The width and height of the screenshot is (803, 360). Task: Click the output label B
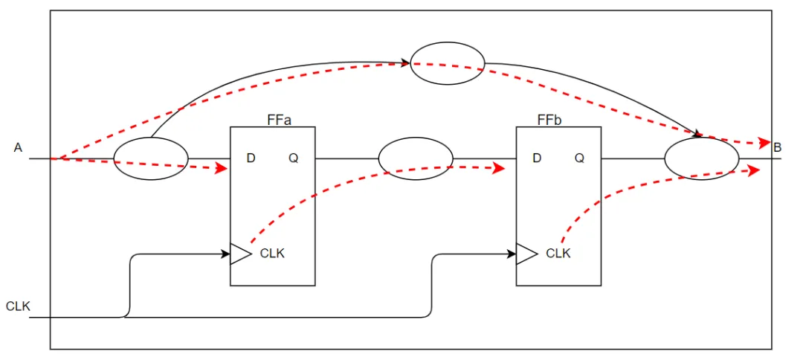[778, 148]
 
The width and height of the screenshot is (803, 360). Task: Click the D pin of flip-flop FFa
[251, 158]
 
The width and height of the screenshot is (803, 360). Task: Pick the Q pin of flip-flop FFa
[294, 158]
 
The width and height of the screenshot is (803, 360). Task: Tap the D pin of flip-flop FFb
[537, 158]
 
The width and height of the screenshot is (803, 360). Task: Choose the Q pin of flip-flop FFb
[579, 158]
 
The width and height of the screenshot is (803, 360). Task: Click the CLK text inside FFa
[272, 254]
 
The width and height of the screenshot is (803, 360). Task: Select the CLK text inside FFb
[558, 254]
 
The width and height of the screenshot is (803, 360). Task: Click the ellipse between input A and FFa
[151, 158]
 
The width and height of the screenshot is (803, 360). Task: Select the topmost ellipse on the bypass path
[448, 64]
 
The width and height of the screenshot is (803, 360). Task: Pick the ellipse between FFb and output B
[701, 158]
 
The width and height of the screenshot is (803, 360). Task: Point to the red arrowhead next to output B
[764, 143]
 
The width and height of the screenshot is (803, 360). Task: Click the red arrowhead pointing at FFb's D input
[499, 169]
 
